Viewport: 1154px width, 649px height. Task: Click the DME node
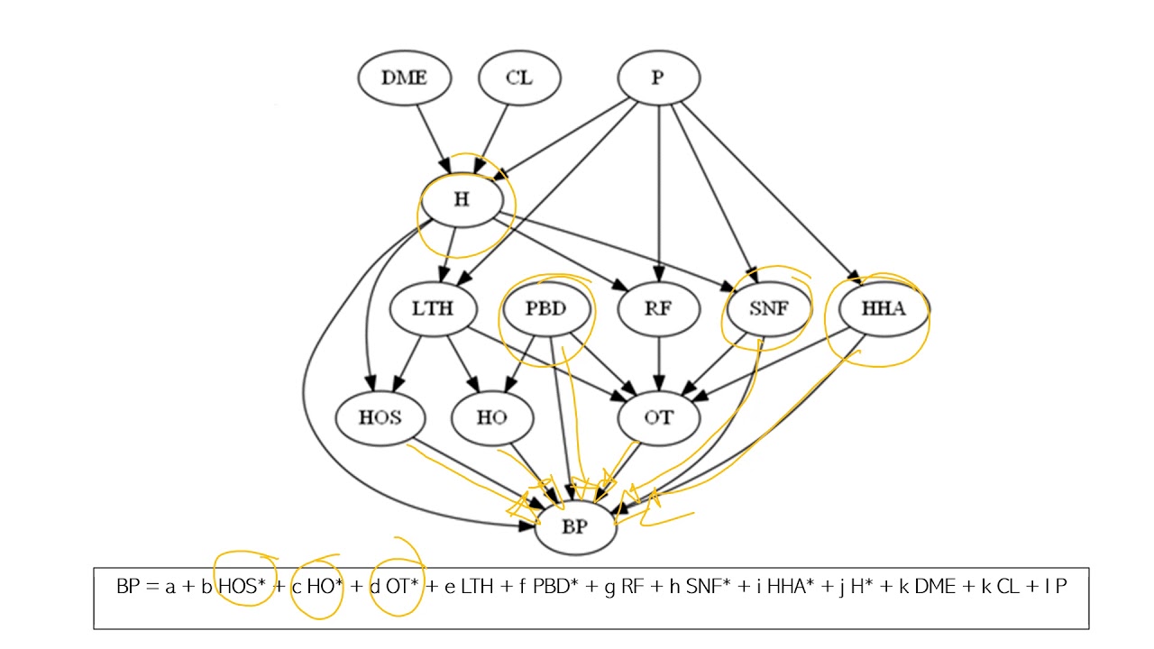click(x=403, y=78)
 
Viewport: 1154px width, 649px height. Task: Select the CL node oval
click(x=519, y=78)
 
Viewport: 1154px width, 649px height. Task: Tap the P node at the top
click(x=658, y=78)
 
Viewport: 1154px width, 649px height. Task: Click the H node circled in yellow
click(x=462, y=200)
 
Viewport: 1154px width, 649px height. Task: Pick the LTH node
click(x=432, y=309)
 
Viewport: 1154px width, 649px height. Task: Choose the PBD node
click(x=546, y=309)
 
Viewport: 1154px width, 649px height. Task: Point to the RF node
click(x=659, y=309)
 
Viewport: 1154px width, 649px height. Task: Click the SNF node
click(x=769, y=309)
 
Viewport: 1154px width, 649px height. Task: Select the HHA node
click(x=882, y=309)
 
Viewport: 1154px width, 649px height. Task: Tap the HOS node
click(x=380, y=417)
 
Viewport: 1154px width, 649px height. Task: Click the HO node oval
click(x=491, y=417)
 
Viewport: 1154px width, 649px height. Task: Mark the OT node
click(x=659, y=417)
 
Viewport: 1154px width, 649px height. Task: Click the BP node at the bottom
click(x=575, y=527)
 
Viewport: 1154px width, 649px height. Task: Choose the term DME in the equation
click(x=935, y=587)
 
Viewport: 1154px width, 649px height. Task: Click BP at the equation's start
click(x=128, y=587)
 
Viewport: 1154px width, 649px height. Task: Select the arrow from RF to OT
click(x=659, y=362)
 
